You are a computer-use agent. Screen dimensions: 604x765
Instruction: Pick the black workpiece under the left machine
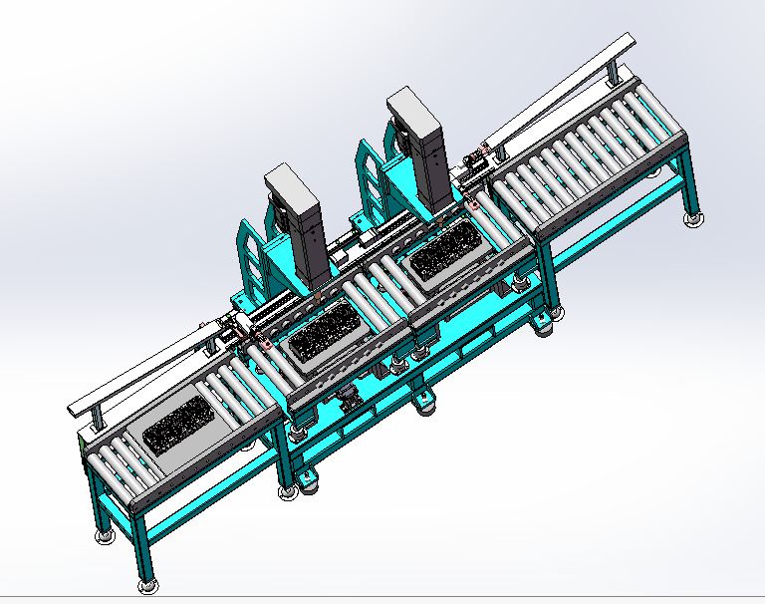(x=321, y=335)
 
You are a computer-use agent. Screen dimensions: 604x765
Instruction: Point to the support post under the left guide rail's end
(x=95, y=419)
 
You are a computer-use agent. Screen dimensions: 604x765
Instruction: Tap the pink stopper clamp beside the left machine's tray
(x=266, y=344)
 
